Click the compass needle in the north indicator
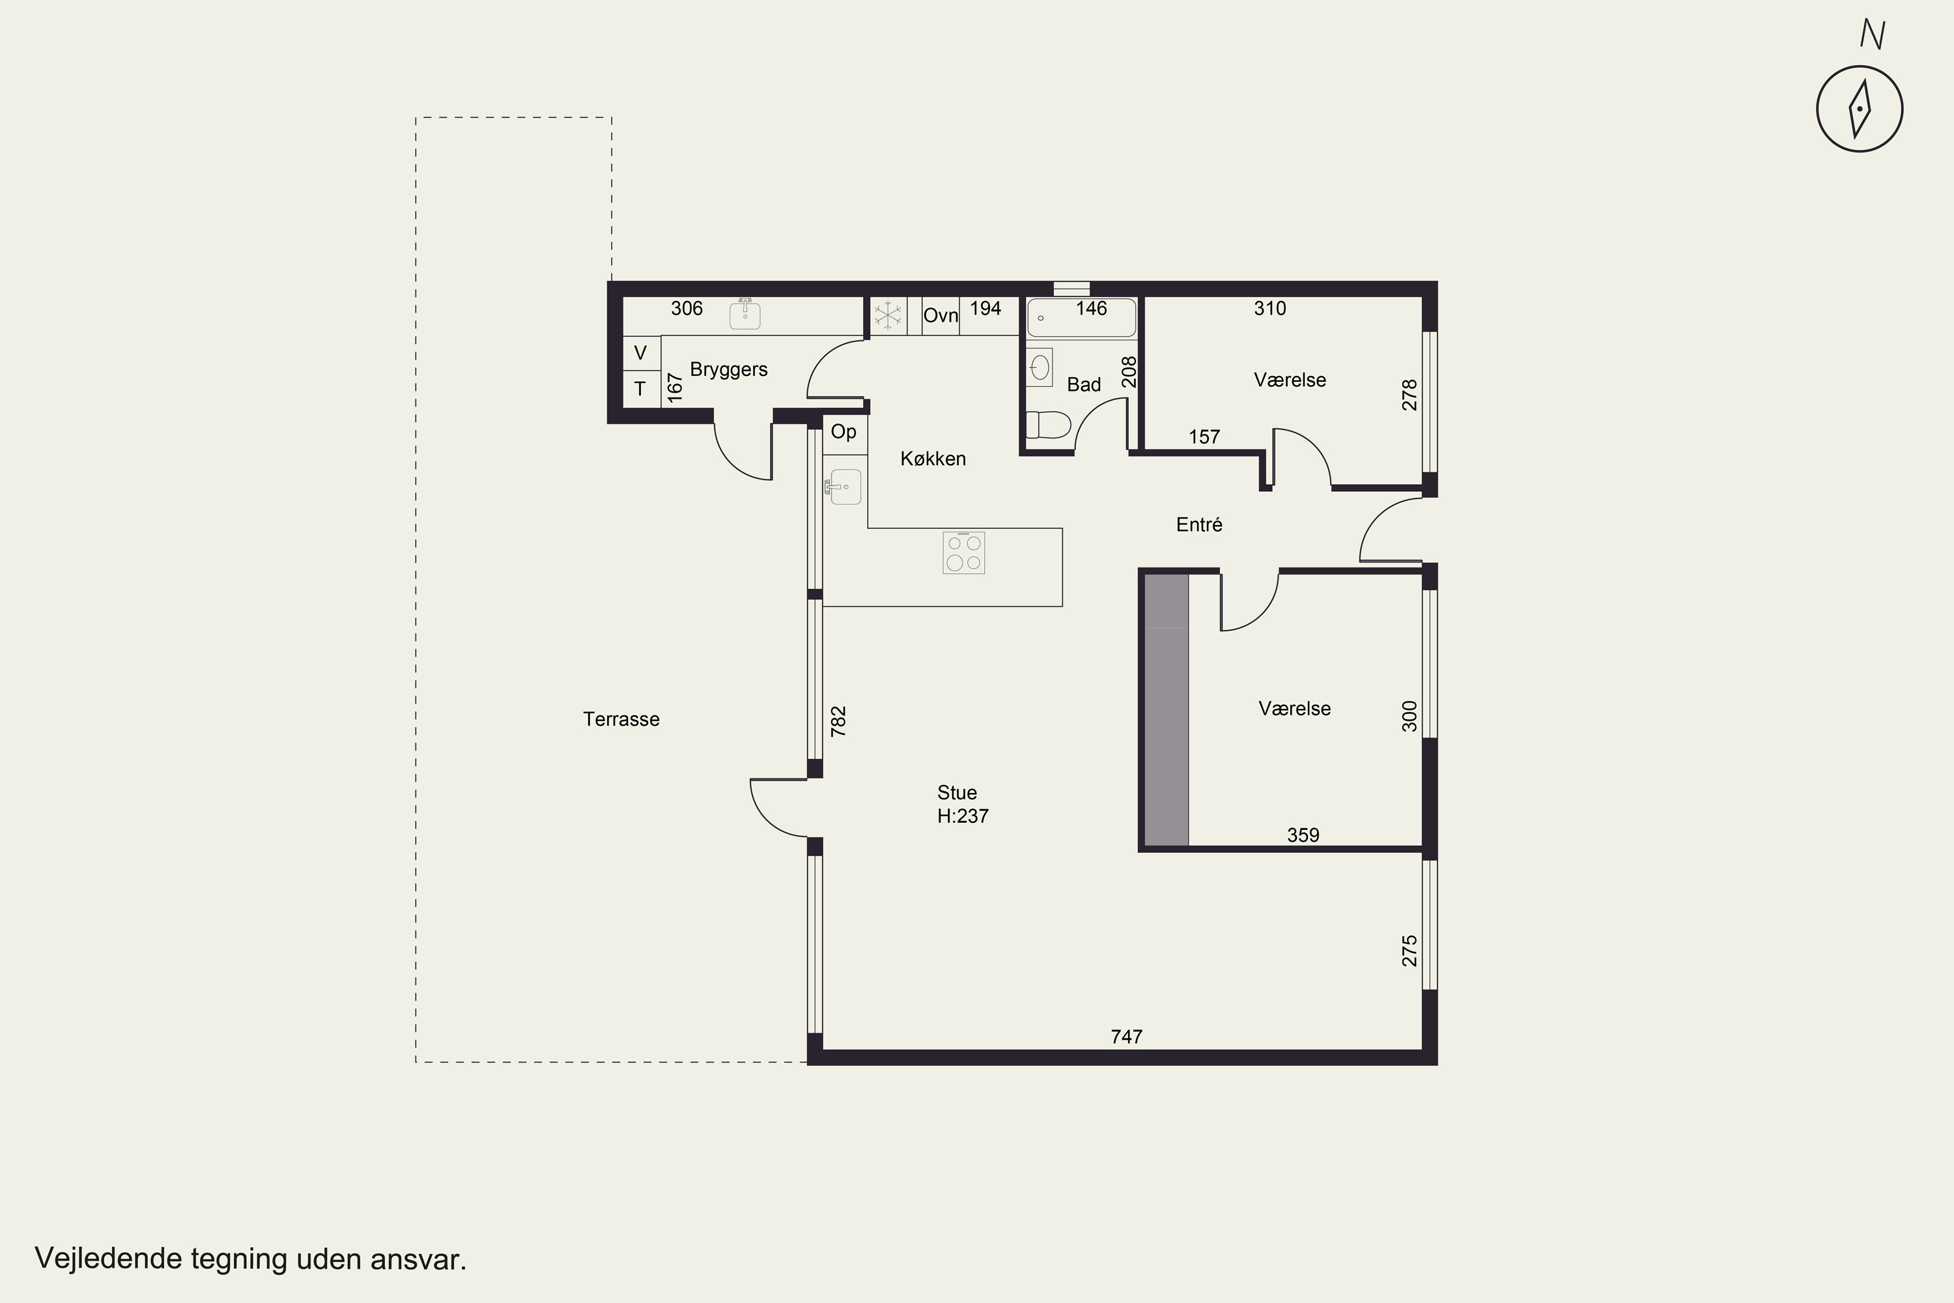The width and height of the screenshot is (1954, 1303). pyautogui.click(x=1860, y=109)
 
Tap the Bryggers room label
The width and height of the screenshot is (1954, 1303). pyautogui.click(x=729, y=370)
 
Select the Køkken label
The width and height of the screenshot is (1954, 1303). pyautogui.click(x=933, y=459)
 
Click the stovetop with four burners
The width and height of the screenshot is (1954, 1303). pyautogui.click(x=964, y=552)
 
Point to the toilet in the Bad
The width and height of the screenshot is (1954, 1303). pyautogui.click(x=1047, y=425)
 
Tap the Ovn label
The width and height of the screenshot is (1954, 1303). pyautogui.click(x=941, y=316)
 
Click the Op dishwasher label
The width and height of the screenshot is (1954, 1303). pyautogui.click(x=843, y=432)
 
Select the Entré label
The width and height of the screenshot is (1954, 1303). pyautogui.click(x=1199, y=524)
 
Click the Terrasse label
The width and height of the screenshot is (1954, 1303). pyautogui.click(x=621, y=720)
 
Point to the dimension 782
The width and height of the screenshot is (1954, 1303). pyautogui.click(x=838, y=721)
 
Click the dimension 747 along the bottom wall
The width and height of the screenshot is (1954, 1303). pyautogui.click(x=1127, y=1037)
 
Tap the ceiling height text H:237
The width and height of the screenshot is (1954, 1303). pyautogui.click(x=963, y=816)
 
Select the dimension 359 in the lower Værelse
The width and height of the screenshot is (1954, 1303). pyautogui.click(x=1303, y=835)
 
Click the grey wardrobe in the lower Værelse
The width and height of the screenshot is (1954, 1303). pyautogui.click(x=1167, y=711)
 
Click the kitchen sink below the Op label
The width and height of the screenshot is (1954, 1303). pyautogui.click(x=845, y=487)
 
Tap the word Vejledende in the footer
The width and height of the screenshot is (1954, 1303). pyautogui.click(x=109, y=1259)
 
